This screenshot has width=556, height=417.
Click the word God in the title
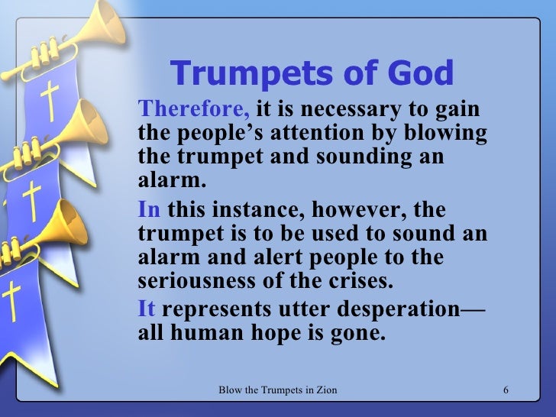418,73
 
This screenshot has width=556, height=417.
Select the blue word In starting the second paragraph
149,209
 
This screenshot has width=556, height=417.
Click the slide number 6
506,392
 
